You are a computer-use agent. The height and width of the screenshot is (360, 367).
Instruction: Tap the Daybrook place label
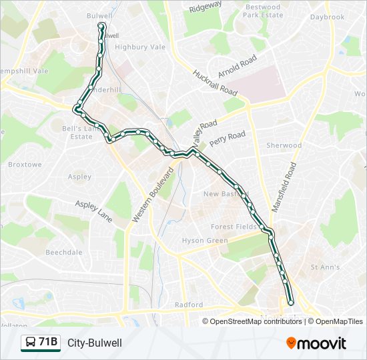(327, 17)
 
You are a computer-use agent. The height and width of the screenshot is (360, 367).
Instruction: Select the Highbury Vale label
(139, 47)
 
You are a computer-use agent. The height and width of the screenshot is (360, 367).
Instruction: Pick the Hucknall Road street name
(215, 82)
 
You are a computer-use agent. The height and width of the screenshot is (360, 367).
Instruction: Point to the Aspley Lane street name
(94, 211)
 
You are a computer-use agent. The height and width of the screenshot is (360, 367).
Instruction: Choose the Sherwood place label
(284, 145)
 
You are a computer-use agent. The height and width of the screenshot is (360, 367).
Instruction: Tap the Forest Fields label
(234, 227)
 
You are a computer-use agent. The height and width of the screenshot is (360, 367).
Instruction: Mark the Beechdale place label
(64, 253)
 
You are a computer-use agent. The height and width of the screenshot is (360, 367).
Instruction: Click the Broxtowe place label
(25, 164)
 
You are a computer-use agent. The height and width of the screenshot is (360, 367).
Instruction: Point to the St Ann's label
(326, 267)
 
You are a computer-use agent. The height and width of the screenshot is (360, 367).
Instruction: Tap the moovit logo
(316, 343)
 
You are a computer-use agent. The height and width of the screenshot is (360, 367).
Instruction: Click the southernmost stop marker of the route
(290, 303)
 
